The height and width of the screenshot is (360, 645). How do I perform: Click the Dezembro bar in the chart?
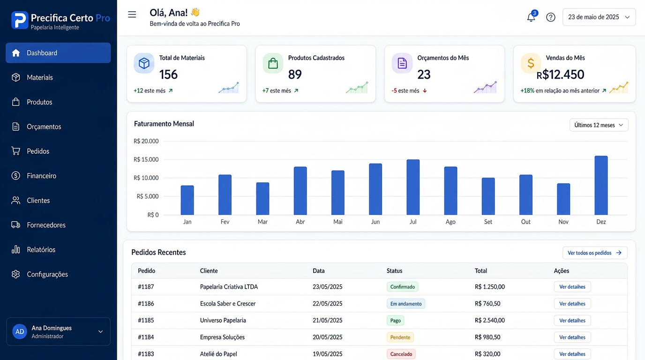click(x=601, y=185)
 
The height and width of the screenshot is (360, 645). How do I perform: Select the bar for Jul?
click(x=413, y=187)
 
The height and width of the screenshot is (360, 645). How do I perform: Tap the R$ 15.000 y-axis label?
click(x=146, y=159)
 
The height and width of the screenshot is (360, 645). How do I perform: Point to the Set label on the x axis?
click(x=488, y=222)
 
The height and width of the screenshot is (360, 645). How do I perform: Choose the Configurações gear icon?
click(x=16, y=274)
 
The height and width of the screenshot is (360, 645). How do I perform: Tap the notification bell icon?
click(x=531, y=17)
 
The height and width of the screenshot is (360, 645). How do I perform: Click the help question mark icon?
click(x=551, y=17)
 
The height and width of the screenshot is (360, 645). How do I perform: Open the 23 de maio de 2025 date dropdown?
click(x=599, y=17)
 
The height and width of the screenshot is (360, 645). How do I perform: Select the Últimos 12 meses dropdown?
click(x=599, y=125)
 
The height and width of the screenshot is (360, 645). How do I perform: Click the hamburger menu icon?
click(x=132, y=15)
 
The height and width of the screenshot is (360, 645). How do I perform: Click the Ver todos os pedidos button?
click(x=594, y=253)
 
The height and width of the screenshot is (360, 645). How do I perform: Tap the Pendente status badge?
click(x=400, y=337)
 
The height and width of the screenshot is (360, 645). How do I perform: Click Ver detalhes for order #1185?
click(x=572, y=321)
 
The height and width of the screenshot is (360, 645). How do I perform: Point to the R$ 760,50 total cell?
click(x=487, y=304)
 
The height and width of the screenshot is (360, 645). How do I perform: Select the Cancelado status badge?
click(x=401, y=354)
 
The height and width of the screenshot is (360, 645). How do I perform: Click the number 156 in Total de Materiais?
click(x=168, y=75)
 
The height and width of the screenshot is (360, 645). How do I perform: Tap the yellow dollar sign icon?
click(x=531, y=63)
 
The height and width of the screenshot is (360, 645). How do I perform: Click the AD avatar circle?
click(x=20, y=331)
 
